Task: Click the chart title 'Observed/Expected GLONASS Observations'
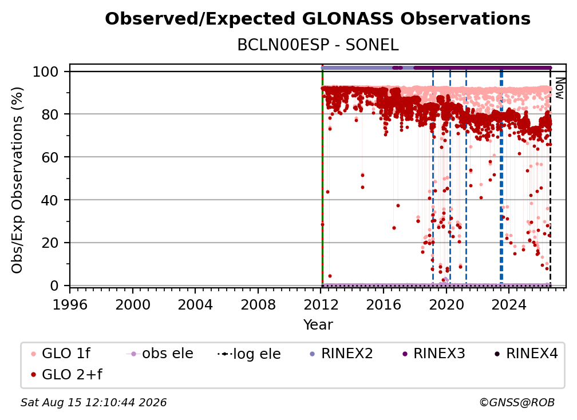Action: (x=318, y=19)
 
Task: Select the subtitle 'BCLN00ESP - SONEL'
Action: (x=318, y=45)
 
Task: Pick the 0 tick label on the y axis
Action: (x=54, y=286)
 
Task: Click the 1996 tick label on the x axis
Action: (x=70, y=305)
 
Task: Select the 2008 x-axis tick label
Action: (x=258, y=305)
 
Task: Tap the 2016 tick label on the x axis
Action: (x=384, y=305)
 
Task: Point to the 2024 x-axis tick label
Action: (x=509, y=305)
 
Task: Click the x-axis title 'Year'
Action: (x=318, y=325)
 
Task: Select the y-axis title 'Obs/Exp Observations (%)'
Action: (x=17, y=180)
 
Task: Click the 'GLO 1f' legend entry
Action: (x=61, y=354)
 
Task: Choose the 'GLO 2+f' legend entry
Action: (x=66, y=374)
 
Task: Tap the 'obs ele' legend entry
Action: (x=160, y=354)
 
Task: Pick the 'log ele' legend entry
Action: (x=249, y=354)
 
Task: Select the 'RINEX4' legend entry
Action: (x=526, y=354)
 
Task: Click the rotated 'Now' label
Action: (x=559, y=88)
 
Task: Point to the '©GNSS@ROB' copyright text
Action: (x=517, y=402)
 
